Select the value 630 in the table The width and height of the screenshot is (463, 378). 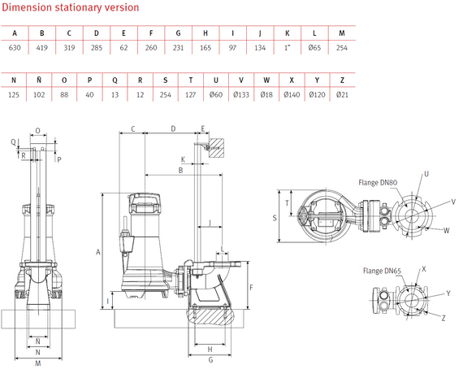15,47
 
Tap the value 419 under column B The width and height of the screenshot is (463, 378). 42,47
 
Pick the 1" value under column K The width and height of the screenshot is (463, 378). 287,47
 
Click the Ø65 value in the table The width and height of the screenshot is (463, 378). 314,47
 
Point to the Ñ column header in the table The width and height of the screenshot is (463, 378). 42,81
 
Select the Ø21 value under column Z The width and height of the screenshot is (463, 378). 342,95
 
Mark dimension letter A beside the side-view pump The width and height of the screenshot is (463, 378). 97,253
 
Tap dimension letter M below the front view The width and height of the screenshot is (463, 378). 38,363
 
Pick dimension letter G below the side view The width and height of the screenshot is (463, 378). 210,348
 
